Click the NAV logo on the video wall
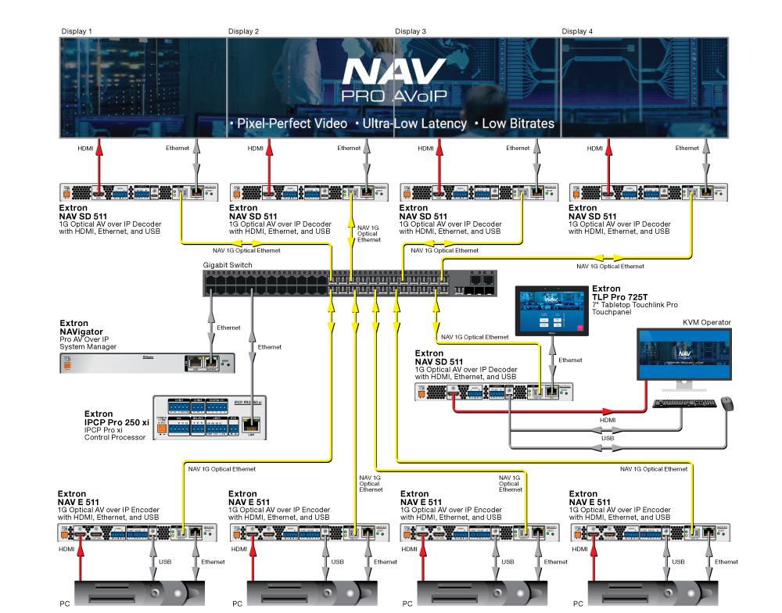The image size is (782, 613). pos(394,72)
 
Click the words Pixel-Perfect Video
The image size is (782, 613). pos(289,124)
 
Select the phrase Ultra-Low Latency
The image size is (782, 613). pos(411,124)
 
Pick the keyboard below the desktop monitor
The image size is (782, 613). pos(684,403)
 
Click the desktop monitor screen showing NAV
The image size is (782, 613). pos(684,354)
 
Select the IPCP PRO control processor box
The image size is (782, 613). pos(210,417)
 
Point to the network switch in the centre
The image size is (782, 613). pos(350,283)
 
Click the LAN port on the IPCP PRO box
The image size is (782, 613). pos(250,425)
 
